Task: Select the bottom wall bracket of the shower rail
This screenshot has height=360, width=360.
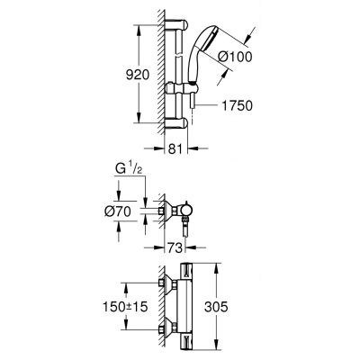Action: (x=174, y=121)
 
